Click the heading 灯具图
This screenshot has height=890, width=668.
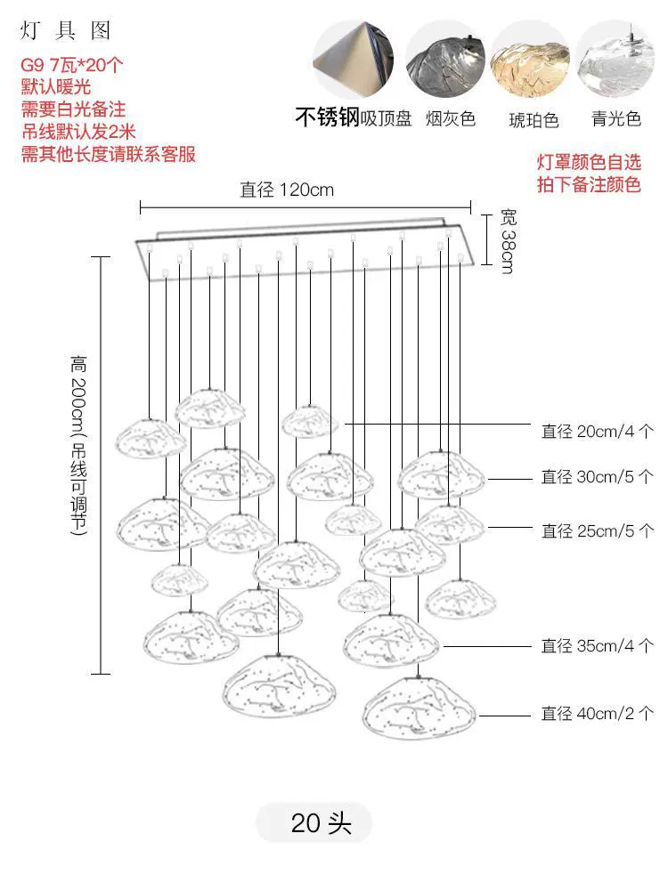pyautogui.click(x=65, y=30)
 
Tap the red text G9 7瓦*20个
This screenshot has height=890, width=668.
pyautogui.click(x=71, y=65)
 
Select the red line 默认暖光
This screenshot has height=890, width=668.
pyautogui.click(x=55, y=87)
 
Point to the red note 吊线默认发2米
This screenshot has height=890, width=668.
pyautogui.click(x=78, y=132)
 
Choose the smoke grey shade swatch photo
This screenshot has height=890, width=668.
pyautogui.click(x=444, y=61)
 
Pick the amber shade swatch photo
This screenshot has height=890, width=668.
pyautogui.click(x=530, y=61)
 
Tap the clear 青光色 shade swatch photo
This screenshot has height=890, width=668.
pyautogui.click(x=615, y=61)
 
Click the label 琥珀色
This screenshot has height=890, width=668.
pyautogui.click(x=534, y=120)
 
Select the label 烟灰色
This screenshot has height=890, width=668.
pyautogui.click(x=451, y=118)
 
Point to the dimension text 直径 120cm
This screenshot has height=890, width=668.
pyautogui.click(x=287, y=190)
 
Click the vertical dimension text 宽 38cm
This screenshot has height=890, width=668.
pyautogui.click(x=508, y=241)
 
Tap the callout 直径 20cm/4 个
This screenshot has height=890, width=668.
pyautogui.click(x=598, y=432)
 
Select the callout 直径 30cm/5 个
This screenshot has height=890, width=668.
pyautogui.click(x=598, y=477)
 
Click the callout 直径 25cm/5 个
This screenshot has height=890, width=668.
pyautogui.click(x=598, y=530)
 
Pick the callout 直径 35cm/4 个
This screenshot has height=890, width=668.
pyautogui.click(x=598, y=645)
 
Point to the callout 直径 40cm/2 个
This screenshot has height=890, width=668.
pyautogui.click(x=598, y=714)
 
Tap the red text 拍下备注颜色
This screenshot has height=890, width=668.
pyautogui.click(x=589, y=184)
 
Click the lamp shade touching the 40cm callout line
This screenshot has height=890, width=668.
pyautogui.click(x=420, y=708)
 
